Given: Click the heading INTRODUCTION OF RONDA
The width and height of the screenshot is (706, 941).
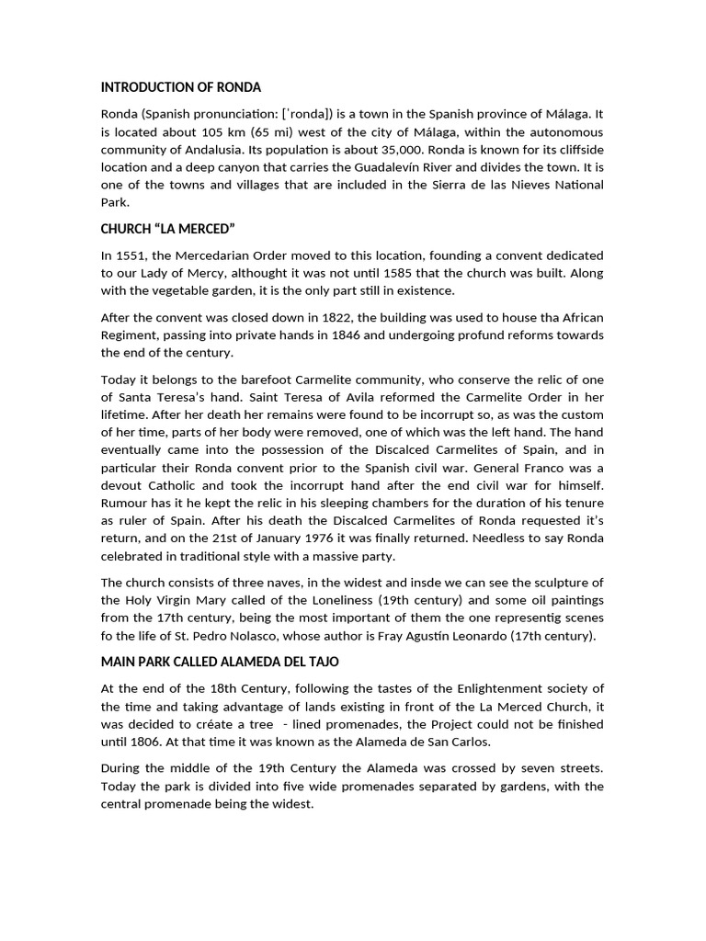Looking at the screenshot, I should click(x=181, y=87).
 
